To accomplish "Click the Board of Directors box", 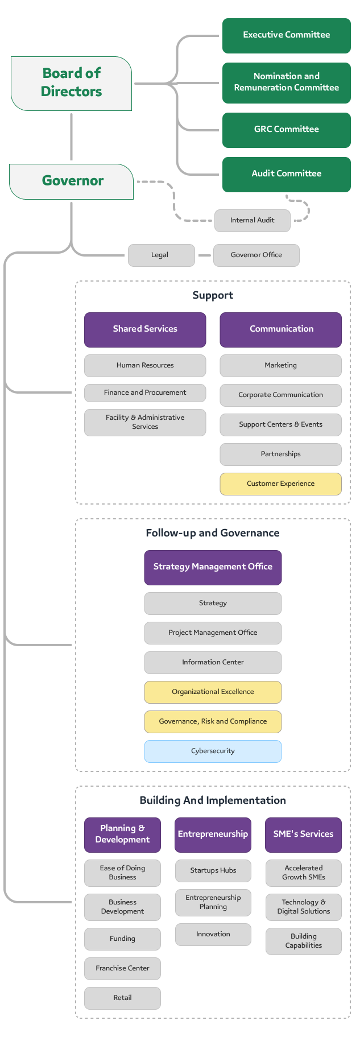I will pyautogui.click(x=72, y=83).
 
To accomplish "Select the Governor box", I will pyautogui.click(x=72, y=181).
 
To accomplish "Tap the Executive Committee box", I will pyautogui.click(x=286, y=35).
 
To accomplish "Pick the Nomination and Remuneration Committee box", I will pyautogui.click(x=286, y=82).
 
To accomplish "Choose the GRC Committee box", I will pyautogui.click(x=286, y=130).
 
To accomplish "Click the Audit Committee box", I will pyautogui.click(x=286, y=174).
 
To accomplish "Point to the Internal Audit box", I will pyautogui.click(x=252, y=220).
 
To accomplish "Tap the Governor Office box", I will pyautogui.click(x=256, y=255).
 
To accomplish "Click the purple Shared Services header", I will pyautogui.click(x=145, y=329).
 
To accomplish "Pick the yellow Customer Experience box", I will pyautogui.click(x=280, y=484).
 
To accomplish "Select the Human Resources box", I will pyautogui.click(x=145, y=365).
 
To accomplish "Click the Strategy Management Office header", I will pyautogui.click(x=213, y=567).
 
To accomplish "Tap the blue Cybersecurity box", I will pyautogui.click(x=213, y=751).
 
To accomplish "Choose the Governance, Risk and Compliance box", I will pyautogui.click(x=213, y=721).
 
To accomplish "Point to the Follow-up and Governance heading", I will pyautogui.click(x=213, y=533).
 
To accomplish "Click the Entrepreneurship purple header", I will pyautogui.click(x=213, y=834).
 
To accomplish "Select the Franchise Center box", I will pyautogui.click(x=122, y=968).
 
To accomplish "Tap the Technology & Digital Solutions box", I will pyautogui.click(x=303, y=907).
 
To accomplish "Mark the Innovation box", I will pyautogui.click(x=213, y=934).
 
